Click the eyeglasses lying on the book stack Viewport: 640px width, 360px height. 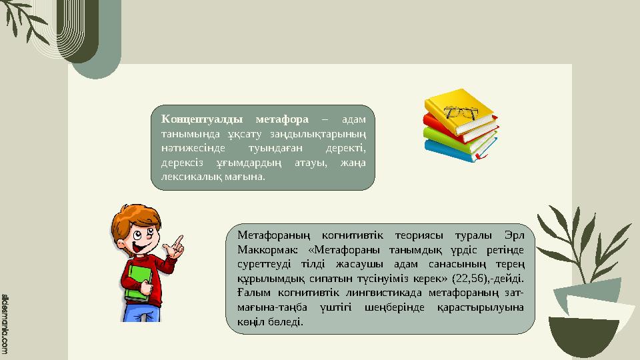pos(459,111)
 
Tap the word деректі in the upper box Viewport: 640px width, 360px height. pos(349,148)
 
